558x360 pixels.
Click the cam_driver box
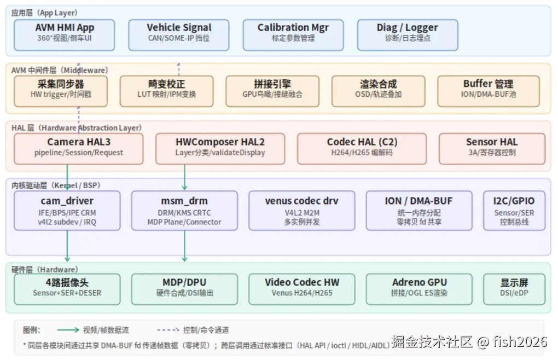click(67, 211)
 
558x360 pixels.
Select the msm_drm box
click(184, 211)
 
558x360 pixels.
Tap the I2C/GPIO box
click(514, 211)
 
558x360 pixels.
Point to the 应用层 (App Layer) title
click(44, 13)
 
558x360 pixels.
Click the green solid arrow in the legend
click(68, 330)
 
